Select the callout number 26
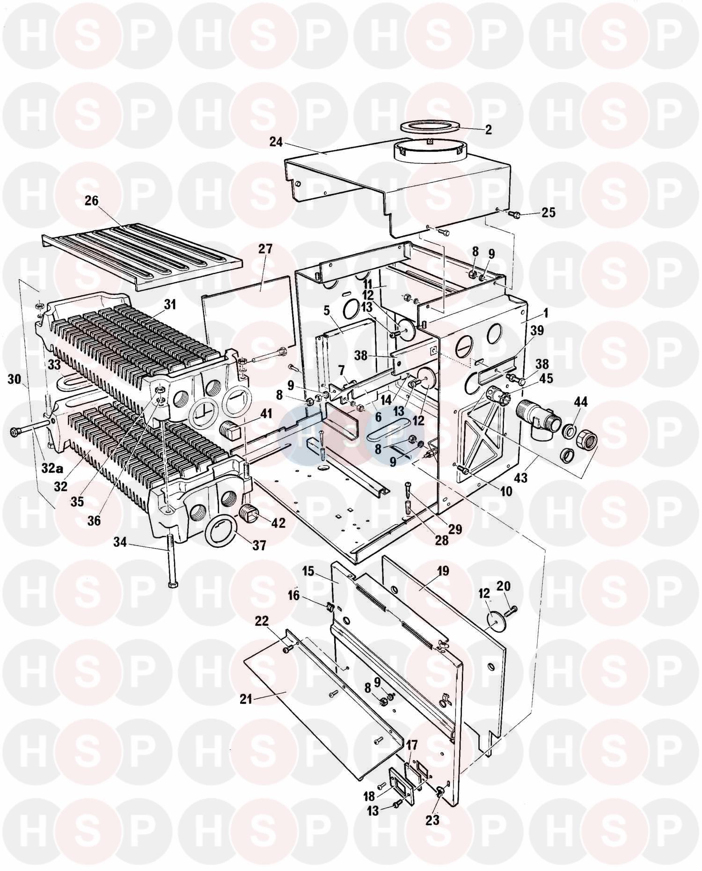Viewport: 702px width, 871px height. click(x=92, y=201)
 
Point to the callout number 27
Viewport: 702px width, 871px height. click(x=265, y=249)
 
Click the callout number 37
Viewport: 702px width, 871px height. click(x=259, y=545)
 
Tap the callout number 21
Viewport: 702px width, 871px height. click(x=246, y=700)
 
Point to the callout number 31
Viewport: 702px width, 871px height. click(x=170, y=305)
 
